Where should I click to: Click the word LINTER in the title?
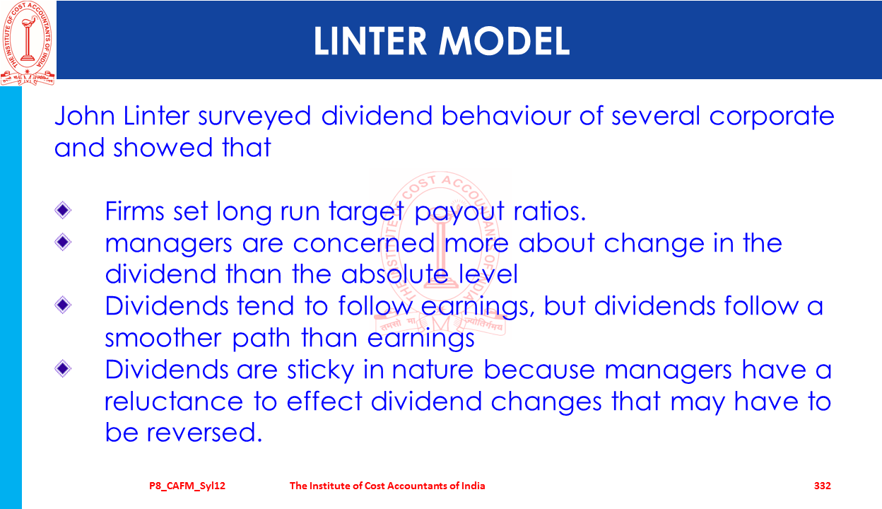click(x=370, y=41)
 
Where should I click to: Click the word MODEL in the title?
click(x=505, y=41)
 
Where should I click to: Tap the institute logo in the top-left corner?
click(x=27, y=43)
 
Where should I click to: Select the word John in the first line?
click(x=85, y=115)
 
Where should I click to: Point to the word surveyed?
click(x=254, y=116)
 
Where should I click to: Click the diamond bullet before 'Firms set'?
click(x=63, y=210)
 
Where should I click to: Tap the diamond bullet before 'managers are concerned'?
click(x=63, y=242)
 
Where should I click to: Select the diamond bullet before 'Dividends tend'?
click(x=63, y=305)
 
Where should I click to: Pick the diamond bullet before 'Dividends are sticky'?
click(x=63, y=369)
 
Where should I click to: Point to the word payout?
click(x=459, y=212)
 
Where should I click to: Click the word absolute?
click(x=395, y=274)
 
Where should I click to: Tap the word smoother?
click(x=163, y=338)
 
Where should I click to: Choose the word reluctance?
click(x=174, y=401)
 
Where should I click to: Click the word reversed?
click(x=204, y=433)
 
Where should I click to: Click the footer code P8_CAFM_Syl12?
click(x=187, y=486)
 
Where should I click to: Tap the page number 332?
click(x=822, y=486)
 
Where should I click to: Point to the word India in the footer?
click(x=473, y=486)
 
